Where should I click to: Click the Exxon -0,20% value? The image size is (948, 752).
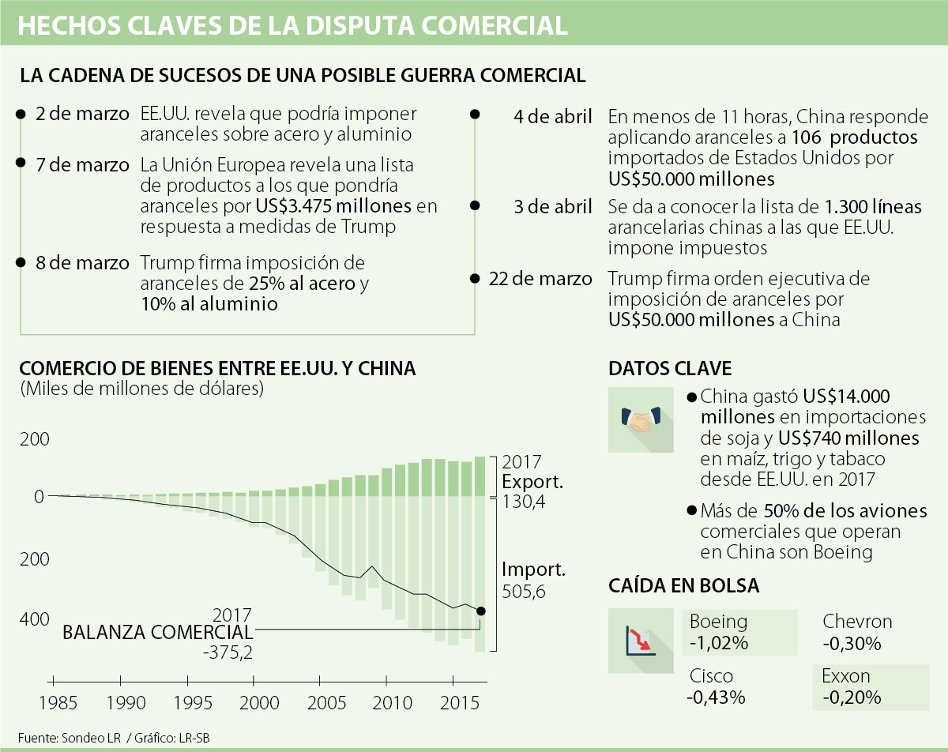click(852, 697)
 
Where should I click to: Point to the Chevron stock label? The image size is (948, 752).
click(857, 622)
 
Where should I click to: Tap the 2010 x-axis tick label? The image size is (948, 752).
click(387, 702)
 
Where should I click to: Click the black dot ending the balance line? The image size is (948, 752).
click(481, 611)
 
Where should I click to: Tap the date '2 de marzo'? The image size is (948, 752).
click(82, 114)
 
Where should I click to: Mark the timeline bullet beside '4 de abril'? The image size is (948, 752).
click(474, 115)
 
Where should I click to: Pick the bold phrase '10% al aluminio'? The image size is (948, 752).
click(209, 303)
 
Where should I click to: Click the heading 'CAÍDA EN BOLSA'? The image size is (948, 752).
click(684, 585)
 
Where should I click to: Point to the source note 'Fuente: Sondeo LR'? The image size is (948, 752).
click(70, 737)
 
